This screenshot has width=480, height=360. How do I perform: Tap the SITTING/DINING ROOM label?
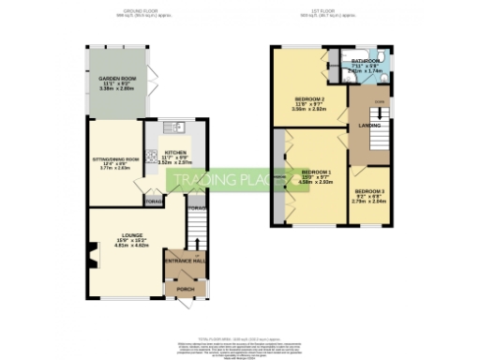pos(111,159)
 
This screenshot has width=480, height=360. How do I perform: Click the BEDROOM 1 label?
pos(317,172)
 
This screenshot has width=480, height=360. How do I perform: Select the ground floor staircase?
pos(195,228)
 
